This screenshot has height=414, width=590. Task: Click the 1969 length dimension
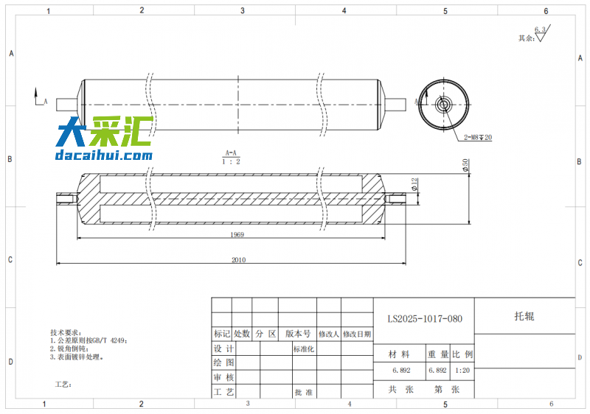point(237,235)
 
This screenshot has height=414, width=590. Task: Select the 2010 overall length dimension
point(238,259)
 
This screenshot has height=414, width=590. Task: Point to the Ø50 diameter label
point(465,166)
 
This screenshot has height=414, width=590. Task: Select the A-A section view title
point(231,152)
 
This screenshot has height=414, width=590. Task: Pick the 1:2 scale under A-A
point(231,161)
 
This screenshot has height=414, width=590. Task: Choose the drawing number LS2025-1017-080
point(425,319)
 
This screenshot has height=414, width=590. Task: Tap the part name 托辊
point(524,316)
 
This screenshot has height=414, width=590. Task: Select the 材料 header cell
point(400,354)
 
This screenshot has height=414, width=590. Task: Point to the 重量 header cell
point(438,354)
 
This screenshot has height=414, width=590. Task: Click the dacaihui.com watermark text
point(103,155)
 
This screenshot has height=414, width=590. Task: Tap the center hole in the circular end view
point(443,103)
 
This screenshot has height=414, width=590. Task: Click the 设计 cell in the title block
point(223,348)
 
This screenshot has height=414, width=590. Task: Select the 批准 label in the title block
point(303,393)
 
